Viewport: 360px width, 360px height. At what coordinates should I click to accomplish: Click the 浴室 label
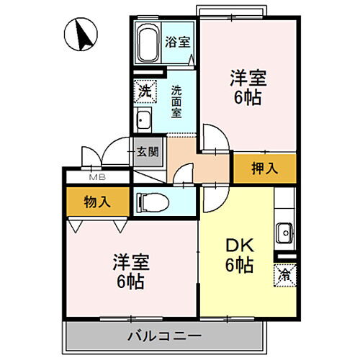click(x=177, y=42)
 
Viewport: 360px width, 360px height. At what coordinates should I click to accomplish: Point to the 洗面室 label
click(x=177, y=102)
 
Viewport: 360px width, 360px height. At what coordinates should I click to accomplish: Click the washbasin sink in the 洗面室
click(x=143, y=120)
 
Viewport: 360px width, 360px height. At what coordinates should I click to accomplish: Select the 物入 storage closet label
click(x=96, y=202)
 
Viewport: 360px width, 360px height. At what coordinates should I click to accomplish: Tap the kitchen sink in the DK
click(x=284, y=232)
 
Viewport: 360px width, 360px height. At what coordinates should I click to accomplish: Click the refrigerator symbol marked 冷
click(x=284, y=274)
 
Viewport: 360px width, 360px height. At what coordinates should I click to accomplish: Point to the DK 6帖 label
click(x=237, y=255)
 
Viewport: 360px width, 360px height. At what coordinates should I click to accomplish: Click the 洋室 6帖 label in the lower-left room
click(x=130, y=269)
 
